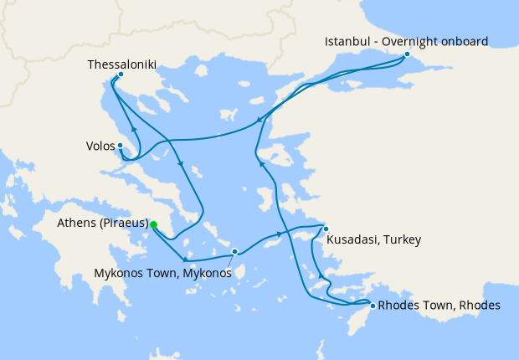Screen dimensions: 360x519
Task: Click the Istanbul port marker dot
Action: pos(407,55)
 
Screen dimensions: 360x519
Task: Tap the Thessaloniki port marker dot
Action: pos(121,75)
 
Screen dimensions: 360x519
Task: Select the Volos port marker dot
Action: pos(121,146)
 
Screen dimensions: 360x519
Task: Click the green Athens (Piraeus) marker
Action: pos(153,224)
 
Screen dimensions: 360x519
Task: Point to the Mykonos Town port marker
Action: pos(235,251)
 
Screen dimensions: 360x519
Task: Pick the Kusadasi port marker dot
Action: pos(326,229)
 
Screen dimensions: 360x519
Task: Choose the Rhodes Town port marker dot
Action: pos(373,306)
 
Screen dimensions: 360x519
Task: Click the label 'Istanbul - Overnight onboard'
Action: pos(407,41)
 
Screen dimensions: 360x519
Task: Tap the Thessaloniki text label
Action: pos(121,63)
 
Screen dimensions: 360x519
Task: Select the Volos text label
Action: pos(100,146)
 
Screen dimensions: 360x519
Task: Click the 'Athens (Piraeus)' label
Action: pos(103,224)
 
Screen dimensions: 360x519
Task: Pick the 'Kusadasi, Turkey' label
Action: pos(373,240)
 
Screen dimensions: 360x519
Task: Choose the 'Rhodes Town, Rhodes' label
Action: pos(439,306)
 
